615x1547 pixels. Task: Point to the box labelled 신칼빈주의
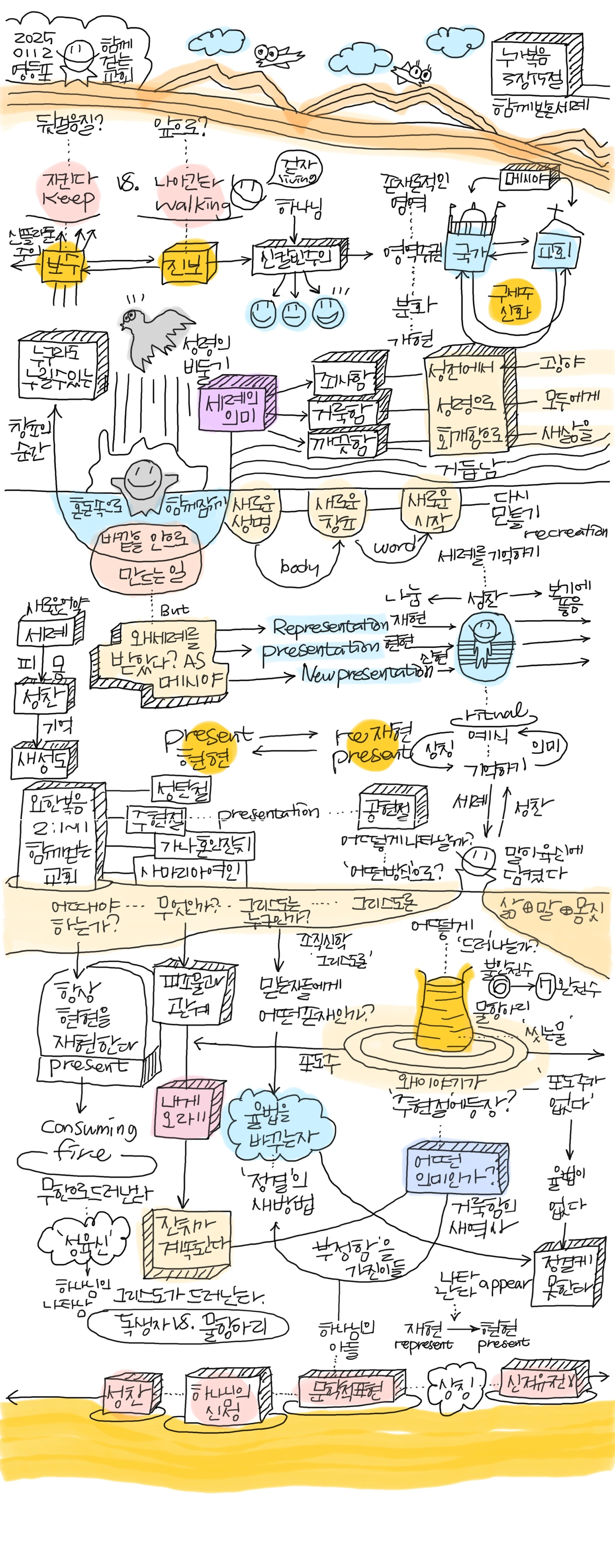click(298, 257)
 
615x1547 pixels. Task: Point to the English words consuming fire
click(87, 1139)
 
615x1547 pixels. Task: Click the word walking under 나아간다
click(192, 205)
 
